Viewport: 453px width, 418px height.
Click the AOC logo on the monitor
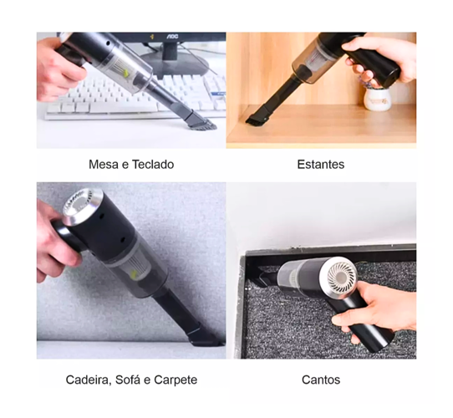tap(172, 37)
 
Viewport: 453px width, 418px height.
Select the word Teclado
tap(153, 165)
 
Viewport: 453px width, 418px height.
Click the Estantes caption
tap(321, 165)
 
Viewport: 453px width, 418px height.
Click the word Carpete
tap(176, 380)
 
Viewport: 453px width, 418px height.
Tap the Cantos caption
tap(321, 380)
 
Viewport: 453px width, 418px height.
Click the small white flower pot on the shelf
tap(376, 99)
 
